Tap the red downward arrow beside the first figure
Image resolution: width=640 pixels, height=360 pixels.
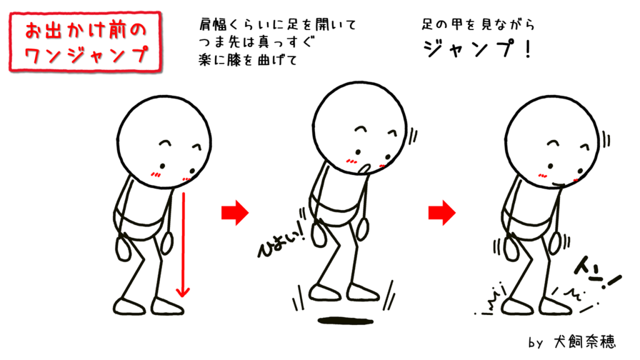point(183,244)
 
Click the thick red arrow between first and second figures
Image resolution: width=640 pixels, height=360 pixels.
point(235,212)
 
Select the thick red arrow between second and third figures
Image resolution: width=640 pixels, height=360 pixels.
point(442,212)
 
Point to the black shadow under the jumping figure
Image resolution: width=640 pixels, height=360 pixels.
point(345,321)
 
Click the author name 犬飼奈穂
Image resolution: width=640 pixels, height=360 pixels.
point(584,342)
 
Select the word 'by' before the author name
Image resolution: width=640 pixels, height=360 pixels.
point(536,342)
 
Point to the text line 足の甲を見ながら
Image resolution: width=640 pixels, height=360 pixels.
point(478,24)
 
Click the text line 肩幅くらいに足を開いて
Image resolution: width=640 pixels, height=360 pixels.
point(277,24)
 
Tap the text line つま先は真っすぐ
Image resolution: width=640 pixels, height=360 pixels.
point(257,42)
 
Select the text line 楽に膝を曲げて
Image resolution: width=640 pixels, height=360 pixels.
point(248,60)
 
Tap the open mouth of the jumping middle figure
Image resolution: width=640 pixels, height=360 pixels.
point(364,169)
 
